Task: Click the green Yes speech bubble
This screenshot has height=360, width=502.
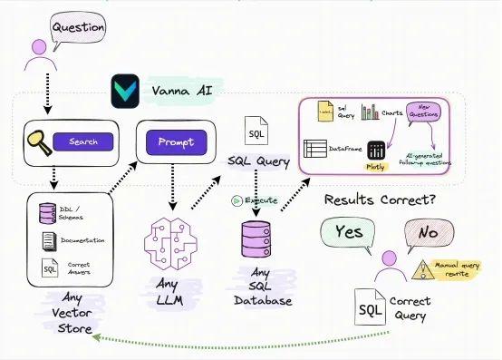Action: pyautogui.click(x=348, y=232)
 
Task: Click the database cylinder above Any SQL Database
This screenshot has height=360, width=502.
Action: pyautogui.click(x=256, y=239)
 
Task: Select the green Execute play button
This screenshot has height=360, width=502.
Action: pyautogui.click(x=237, y=200)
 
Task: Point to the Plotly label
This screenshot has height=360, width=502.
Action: pyautogui.click(x=375, y=167)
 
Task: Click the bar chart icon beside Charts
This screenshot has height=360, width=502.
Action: pyautogui.click(x=370, y=112)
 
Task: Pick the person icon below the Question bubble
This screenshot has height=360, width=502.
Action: pyautogui.click(x=39, y=54)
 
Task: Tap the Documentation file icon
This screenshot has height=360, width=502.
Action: pyautogui.click(x=48, y=241)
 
